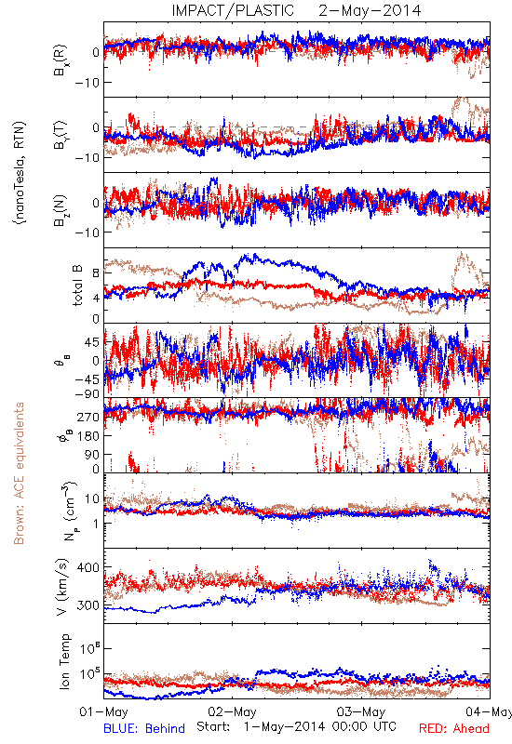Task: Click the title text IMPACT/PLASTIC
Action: [233, 10]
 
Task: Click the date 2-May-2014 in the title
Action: [370, 10]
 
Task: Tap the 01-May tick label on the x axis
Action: [103, 711]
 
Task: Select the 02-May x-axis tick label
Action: [232, 711]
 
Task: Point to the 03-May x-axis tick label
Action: [361, 711]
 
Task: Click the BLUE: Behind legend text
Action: [144, 728]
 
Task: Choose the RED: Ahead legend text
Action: [454, 728]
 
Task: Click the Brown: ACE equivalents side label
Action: [19, 473]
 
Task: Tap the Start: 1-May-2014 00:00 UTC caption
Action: [296, 726]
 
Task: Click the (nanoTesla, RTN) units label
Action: [20, 172]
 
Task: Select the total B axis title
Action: [77, 285]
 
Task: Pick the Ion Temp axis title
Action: [64, 661]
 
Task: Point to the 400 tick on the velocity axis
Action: [88, 567]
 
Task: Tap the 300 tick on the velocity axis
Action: [88, 605]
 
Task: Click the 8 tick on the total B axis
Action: [96, 273]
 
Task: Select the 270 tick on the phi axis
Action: [88, 417]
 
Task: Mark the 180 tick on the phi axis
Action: [88, 435]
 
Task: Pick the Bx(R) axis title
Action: [61, 60]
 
